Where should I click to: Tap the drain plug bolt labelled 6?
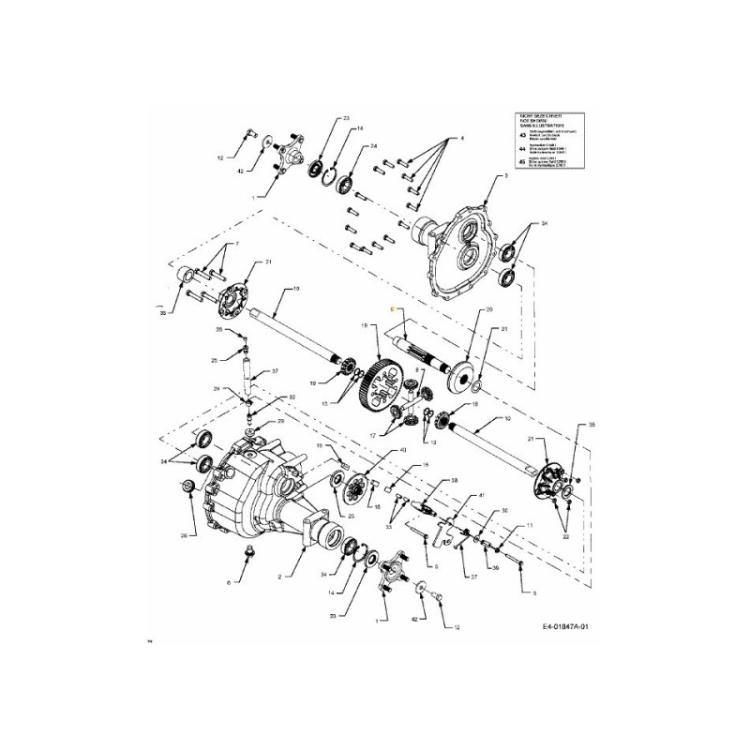tap(249, 551)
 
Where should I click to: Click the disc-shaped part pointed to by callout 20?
tap(461, 377)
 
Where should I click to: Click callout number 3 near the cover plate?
tap(505, 175)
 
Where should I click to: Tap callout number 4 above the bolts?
tap(461, 139)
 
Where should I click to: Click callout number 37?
tap(276, 371)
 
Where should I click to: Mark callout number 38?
tap(454, 479)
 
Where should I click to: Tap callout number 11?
tap(530, 526)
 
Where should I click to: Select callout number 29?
tap(279, 422)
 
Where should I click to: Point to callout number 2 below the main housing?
tap(278, 577)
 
